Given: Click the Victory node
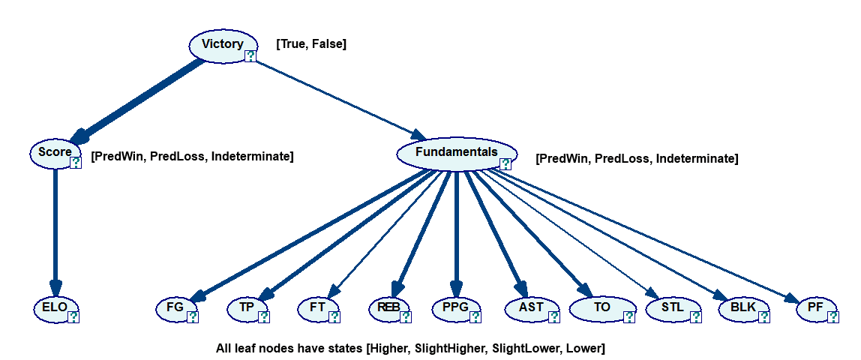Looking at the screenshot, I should pos(222,45).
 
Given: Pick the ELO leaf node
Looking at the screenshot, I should pos(55,307).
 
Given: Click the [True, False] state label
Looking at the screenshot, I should pos(311,44).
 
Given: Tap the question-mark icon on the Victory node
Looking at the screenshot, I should pos(250,55).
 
